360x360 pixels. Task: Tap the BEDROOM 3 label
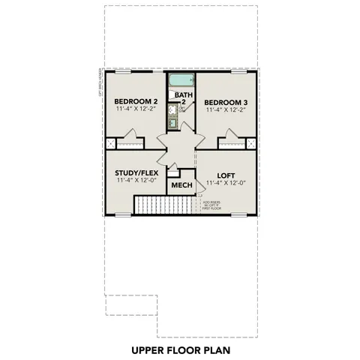pyautogui.click(x=226, y=101)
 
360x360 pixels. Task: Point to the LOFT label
pyautogui.click(x=226, y=172)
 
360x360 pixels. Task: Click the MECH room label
pyautogui.click(x=181, y=185)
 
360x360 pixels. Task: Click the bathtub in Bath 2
pyautogui.click(x=181, y=81)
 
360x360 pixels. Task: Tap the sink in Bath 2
pyautogui.click(x=173, y=124)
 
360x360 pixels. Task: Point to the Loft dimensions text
pyautogui.click(x=226, y=181)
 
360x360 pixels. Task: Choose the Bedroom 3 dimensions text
pyautogui.click(x=226, y=110)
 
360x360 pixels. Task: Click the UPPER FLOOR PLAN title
pyautogui.click(x=180, y=349)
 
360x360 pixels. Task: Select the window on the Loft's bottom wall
pyautogui.click(x=238, y=215)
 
